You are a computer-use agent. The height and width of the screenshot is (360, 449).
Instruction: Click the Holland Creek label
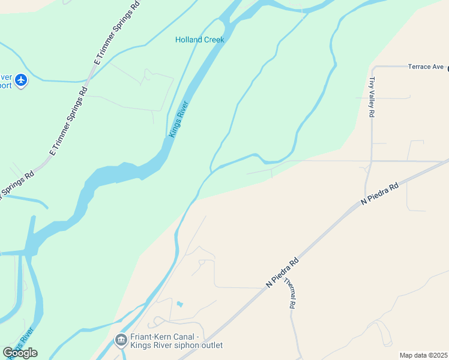(x=199, y=40)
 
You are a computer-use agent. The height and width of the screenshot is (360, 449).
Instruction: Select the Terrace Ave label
(x=425, y=67)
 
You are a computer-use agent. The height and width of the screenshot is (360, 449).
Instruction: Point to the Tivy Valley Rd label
(x=372, y=97)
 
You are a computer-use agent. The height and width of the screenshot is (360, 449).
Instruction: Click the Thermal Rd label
(x=290, y=293)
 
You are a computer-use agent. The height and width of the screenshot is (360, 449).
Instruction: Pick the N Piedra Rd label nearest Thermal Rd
(x=282, y=272)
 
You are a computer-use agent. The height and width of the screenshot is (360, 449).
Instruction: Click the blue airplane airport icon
(x=22, y=80)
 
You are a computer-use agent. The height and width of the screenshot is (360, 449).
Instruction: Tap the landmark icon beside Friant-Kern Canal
(x=121, y=341)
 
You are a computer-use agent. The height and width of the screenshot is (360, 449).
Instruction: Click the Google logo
(x=20, y=353)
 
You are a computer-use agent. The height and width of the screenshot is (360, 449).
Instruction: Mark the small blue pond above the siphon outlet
(x=179, y=304)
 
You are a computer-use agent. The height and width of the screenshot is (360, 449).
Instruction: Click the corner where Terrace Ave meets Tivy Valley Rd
(x=373, y=67)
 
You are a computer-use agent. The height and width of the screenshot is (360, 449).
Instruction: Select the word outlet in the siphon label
(x=210, y=345)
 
